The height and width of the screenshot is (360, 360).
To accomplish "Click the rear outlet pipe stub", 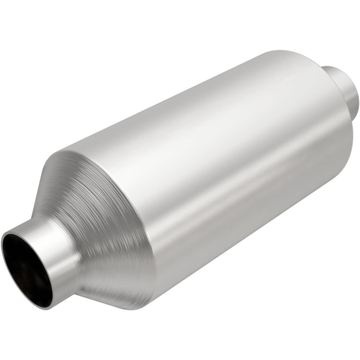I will pyautogui.click(x=342, y=85).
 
